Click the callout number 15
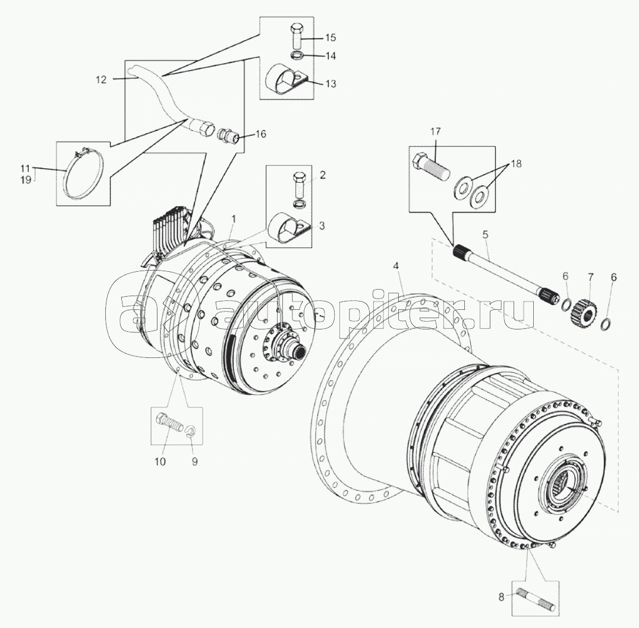(330, 37)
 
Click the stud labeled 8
(534, 600)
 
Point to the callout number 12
(100, 80)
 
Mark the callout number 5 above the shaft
(485, 235)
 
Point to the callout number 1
(234, 220)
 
